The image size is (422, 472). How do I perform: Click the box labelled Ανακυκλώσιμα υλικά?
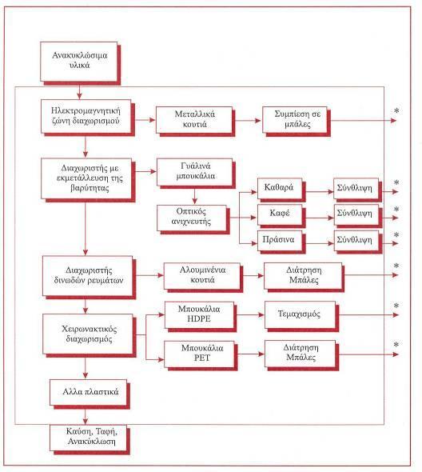pyautogui.click(x=79, y=62)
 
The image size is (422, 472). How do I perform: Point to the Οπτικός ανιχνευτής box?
pyautogui.click(x=192, y=218)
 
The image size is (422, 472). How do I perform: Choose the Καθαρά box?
pyautogui.click(x=280, y=189)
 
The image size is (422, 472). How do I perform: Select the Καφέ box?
pyautogui.click(x=280, y=214)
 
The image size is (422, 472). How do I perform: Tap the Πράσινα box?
pyautogui.click(x=280, y=241)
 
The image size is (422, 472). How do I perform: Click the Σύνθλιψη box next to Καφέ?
pyautogui.click(x=356, y=214)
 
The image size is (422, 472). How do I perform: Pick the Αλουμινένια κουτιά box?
pyautogui.click(x=202, y=276)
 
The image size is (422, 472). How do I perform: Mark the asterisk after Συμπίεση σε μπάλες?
pyautogui.click(x=396, y=111)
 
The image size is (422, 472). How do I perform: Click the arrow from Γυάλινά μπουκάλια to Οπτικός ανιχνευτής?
pyautogui.click(x=194, y=196)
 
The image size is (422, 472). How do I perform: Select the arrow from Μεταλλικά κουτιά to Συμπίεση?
pyautogui.click(x=248, y=121)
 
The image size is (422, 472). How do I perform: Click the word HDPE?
pyautogui.click(x=199, y=318)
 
